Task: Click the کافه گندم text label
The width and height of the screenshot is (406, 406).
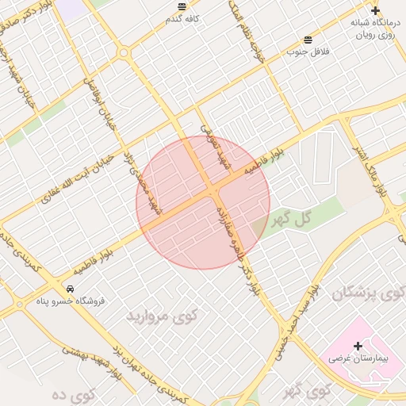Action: point(183,18)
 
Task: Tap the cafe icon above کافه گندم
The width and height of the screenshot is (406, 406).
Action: point(183,6)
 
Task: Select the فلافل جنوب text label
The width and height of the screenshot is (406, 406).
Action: point(307,52)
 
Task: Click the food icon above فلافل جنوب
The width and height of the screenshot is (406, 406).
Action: point(308,40)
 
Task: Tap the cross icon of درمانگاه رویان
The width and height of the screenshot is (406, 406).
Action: point(375,11)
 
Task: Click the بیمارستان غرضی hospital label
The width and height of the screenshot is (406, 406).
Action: point(358,359)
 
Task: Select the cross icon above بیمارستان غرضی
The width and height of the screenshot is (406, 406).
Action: point(358,346)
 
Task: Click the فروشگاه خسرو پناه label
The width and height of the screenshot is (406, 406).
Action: point(71,301)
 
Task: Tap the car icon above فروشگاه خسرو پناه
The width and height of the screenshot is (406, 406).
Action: point(71,289)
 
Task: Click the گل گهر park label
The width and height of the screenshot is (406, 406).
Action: point(291,217)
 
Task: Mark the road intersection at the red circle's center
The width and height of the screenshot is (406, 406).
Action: point(212,195)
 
